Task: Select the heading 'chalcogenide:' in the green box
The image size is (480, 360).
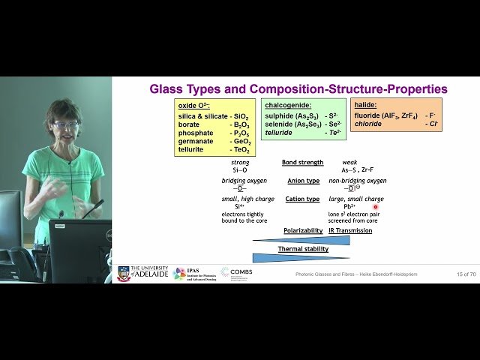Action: pos(289,105)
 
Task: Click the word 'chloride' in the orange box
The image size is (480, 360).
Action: pos(369,124)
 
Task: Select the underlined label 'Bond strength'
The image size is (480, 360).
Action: pos(302,162)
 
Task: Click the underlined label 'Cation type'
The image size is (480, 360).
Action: pos(302,199)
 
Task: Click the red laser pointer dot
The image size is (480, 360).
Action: pos(376,206)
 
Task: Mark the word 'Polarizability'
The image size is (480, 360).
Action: pos(303,230)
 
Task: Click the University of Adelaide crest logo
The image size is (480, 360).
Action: pos(124,274)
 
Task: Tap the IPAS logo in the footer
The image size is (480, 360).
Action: pos(180,274)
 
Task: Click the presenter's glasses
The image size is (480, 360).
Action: pos(67,124)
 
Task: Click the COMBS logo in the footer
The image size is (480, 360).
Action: pos(235,273)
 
